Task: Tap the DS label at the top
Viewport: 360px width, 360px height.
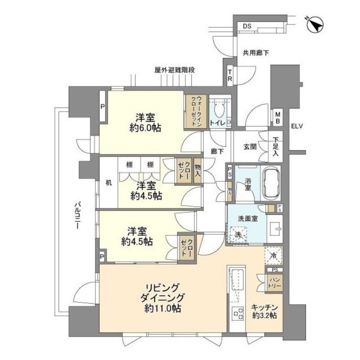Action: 247,27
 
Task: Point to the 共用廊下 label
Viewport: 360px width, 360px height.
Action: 256,53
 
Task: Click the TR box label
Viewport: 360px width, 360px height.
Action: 229,76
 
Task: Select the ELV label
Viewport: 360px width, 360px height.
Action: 297,126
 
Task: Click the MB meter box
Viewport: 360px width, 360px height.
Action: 278,118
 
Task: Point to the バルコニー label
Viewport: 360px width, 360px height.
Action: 78,216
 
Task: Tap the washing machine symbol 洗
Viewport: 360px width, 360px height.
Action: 238,234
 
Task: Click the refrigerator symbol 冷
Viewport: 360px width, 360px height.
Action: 274,255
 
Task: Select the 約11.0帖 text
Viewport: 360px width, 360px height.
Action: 162,309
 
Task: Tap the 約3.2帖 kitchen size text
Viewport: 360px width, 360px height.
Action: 264,315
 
